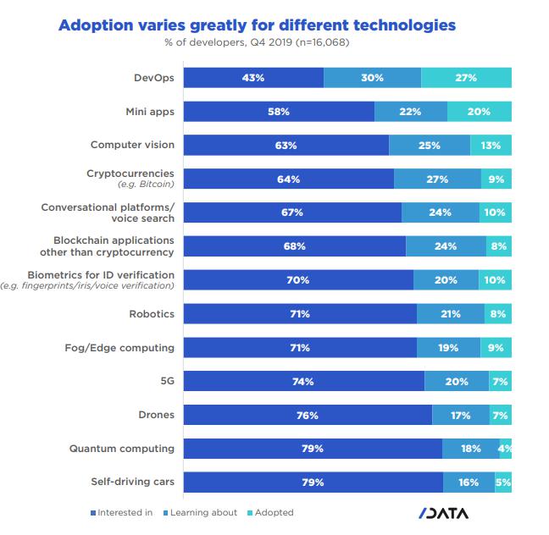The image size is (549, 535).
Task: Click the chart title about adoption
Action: coord(256,25)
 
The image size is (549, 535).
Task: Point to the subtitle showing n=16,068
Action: coord(256,43)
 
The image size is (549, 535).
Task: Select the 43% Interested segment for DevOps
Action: coord(253,77)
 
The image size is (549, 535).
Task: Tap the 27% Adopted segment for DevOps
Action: coord(466,77)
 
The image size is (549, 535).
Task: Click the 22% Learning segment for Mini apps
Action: coord(411,111)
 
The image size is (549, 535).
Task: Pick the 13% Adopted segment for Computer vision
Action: coord(491,145)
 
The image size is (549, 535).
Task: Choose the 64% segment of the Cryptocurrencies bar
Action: coord(288,179)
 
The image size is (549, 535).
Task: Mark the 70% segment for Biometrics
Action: coord(297,280)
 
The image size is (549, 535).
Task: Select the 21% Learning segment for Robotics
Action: coord(451,314)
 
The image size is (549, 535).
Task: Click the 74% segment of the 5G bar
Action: coord(303,382)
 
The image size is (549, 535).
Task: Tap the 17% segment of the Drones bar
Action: coord(461,416)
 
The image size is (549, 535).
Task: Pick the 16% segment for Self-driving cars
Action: coord(469,483)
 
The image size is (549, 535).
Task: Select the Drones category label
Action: coord(156,416)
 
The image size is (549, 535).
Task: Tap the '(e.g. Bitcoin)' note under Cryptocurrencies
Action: coord(146,185)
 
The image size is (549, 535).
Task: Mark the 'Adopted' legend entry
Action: coord(272,513)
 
